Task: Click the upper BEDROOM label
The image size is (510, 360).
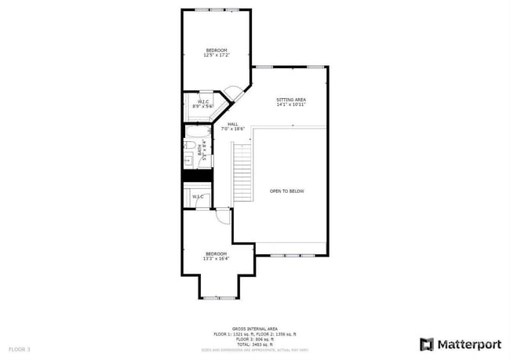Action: click(x=216, y=49)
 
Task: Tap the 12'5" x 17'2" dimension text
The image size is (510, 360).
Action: click(x=216, y=56)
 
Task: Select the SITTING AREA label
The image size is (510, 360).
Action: click(x=290, y=100)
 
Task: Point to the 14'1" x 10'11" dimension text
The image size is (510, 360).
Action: click(x=290, y=105)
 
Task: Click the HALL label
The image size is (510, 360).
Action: click(x=233, y=124)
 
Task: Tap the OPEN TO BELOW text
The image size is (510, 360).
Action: click(x=286, y=191)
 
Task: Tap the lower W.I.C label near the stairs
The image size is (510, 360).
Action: click(x=198, y=196)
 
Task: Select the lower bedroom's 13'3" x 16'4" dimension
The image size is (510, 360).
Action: click(x=216, y=259)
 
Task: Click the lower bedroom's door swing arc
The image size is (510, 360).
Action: click(x=223, y=217)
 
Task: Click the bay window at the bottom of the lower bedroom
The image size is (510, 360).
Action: click(x=219, y=297)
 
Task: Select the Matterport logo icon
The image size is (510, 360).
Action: click(x=427, y=344)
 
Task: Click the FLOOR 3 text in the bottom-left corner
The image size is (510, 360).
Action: click(x=20, y=348)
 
